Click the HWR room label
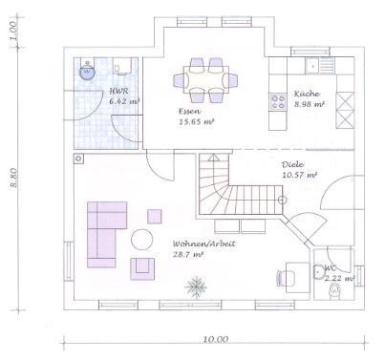click(118, 91)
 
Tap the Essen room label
click(189, 111)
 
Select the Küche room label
click(307, 94)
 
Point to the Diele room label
click(292, 164)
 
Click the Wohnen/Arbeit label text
click(204, 244)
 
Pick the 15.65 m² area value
click(196, 121)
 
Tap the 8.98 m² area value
click(309, 104)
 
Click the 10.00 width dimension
click(216, 339)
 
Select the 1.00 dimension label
click(12, 31)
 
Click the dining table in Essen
click(206, 79)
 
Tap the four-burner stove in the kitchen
click(277, 102)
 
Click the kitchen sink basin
click(312, 66)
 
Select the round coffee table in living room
click(142, 240)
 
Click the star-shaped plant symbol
click(196, 287)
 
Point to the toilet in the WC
click(334, 292)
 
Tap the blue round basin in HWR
click(87, 71)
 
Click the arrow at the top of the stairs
click(213, 157)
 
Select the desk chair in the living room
click(282, 278)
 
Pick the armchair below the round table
click(142, 269)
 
